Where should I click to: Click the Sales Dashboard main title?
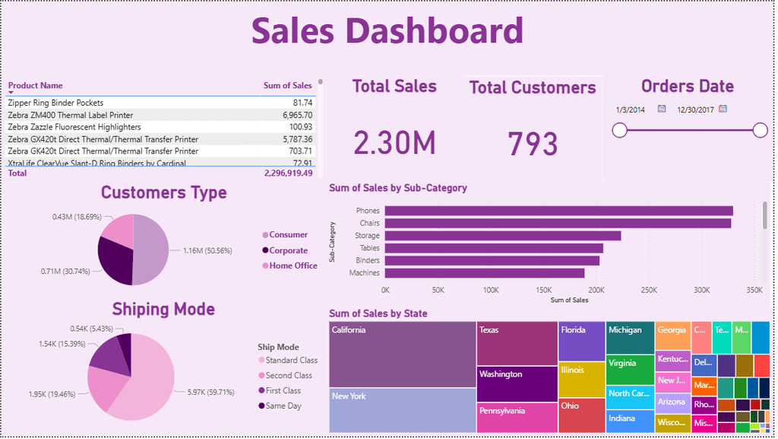387,32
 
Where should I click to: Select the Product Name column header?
36,86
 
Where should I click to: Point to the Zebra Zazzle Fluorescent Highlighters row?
74,127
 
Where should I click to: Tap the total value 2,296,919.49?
288,173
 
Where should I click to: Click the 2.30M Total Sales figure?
394,143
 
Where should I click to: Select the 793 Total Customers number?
533,144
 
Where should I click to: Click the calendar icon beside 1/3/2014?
662,110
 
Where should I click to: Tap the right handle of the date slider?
760,131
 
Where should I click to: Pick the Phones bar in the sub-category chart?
558,211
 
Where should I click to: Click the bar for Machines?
485,273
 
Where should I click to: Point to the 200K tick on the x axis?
596,291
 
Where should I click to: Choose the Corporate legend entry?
288,250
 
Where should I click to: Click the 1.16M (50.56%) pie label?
207,250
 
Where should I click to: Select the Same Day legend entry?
283,406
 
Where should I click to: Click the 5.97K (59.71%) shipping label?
211,393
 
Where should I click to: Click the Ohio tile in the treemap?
582,415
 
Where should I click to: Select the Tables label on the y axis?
369,248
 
